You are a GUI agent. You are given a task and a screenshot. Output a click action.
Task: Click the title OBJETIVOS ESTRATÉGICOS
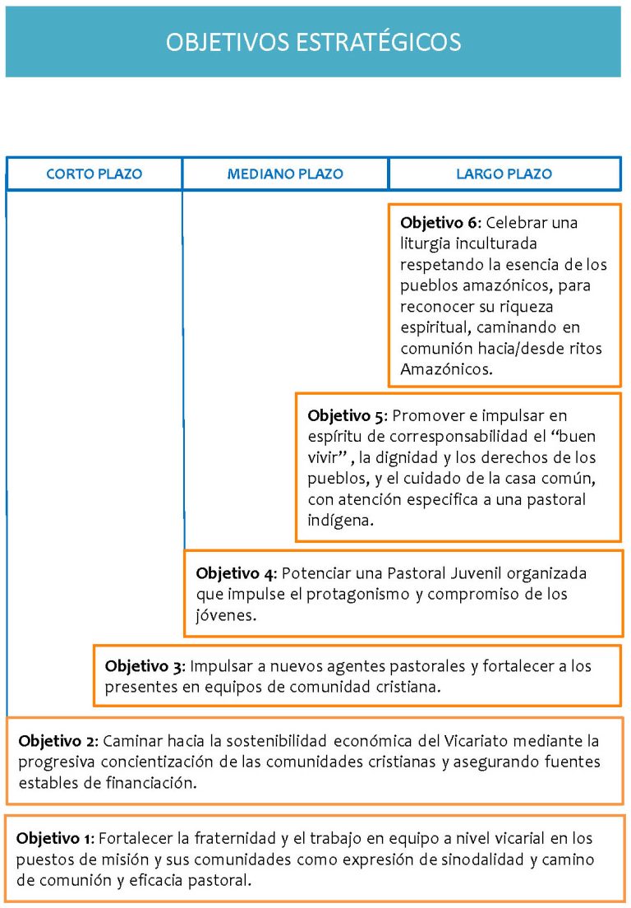[x=313, y=42]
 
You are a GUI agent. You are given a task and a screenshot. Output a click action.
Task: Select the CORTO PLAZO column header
[x=94, y=174]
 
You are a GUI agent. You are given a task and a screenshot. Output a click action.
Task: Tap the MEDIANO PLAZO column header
[x=285, y=174]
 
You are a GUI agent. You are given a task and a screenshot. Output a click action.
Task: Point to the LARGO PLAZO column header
[x=504, y=174]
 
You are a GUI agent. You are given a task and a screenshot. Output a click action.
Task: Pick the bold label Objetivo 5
[x=339, y=415]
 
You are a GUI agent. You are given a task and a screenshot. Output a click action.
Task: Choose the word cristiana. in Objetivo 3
[x=406, y=687]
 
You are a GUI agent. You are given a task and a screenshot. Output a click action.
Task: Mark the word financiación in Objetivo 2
[x=155, y=783]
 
